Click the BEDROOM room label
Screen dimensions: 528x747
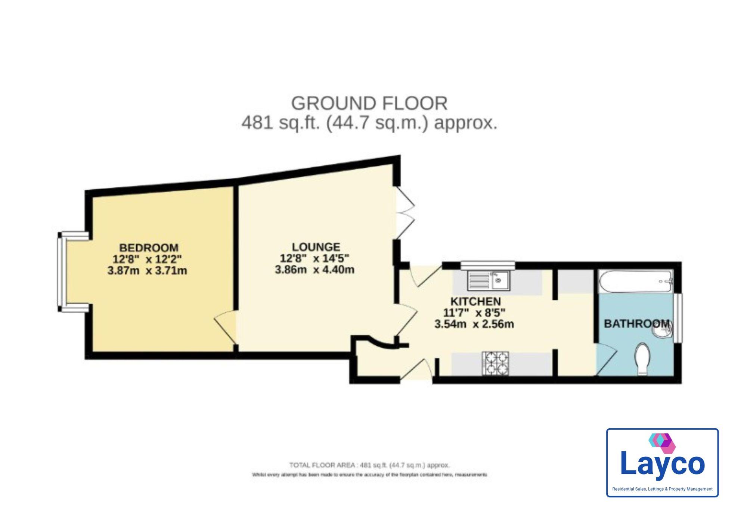(x=148, y=248)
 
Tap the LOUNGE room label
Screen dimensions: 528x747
(x=316, y=247)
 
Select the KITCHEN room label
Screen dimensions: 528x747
(x=475, y=301)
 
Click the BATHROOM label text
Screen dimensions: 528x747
(x=636, y=323)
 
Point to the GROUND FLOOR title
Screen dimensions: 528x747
(x=369, y=103)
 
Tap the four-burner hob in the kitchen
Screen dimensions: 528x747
(x=495, y=363)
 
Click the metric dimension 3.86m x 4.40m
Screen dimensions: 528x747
(x=314, y=270)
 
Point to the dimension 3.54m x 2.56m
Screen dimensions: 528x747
(x=474, y=324)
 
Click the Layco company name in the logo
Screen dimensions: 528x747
(x=662, y=464)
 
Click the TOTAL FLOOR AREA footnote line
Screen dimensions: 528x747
(x=369, y=465)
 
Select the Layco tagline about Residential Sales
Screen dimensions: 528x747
(x=662, y=489)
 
